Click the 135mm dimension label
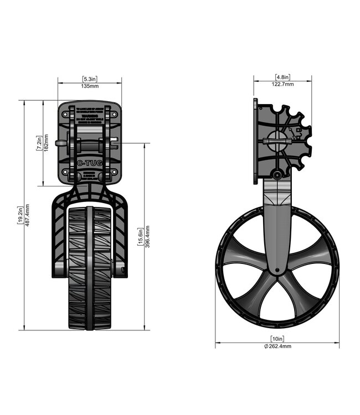[x=90, y=86]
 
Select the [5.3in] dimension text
[x=90, y=79]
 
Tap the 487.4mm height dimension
[x=28, y=216]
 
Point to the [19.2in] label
[x=20, y=216]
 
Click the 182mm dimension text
[x=46, y=143]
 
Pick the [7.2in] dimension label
[x=39, y=143]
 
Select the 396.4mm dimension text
[x=147, y=237]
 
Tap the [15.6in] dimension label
[x=140, y=237]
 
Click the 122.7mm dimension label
[x=283, y=84]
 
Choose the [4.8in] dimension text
[x=283, y=77]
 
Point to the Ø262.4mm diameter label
[x=277, y=346]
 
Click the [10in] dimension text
[x=277, y=338]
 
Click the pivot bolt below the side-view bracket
[x=276, y=175]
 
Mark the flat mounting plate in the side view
[x=255, y=141]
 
